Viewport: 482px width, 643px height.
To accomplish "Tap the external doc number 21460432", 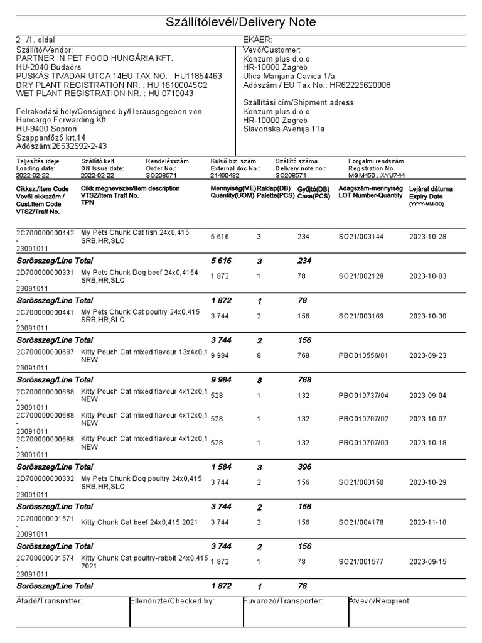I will coord(225,176).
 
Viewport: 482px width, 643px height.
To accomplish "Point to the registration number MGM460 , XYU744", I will coord(377,176).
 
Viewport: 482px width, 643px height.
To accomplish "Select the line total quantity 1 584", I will coord(221,467).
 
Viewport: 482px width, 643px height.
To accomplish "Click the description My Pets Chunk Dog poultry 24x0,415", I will coord(141,478).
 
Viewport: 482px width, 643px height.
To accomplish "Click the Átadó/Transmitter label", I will coord(49,602).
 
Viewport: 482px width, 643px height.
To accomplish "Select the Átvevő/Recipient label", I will coord(380,602).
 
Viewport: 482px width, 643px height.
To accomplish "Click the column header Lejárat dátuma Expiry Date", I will coord(430,193).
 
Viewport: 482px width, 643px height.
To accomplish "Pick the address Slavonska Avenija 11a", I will coord(284,129).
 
